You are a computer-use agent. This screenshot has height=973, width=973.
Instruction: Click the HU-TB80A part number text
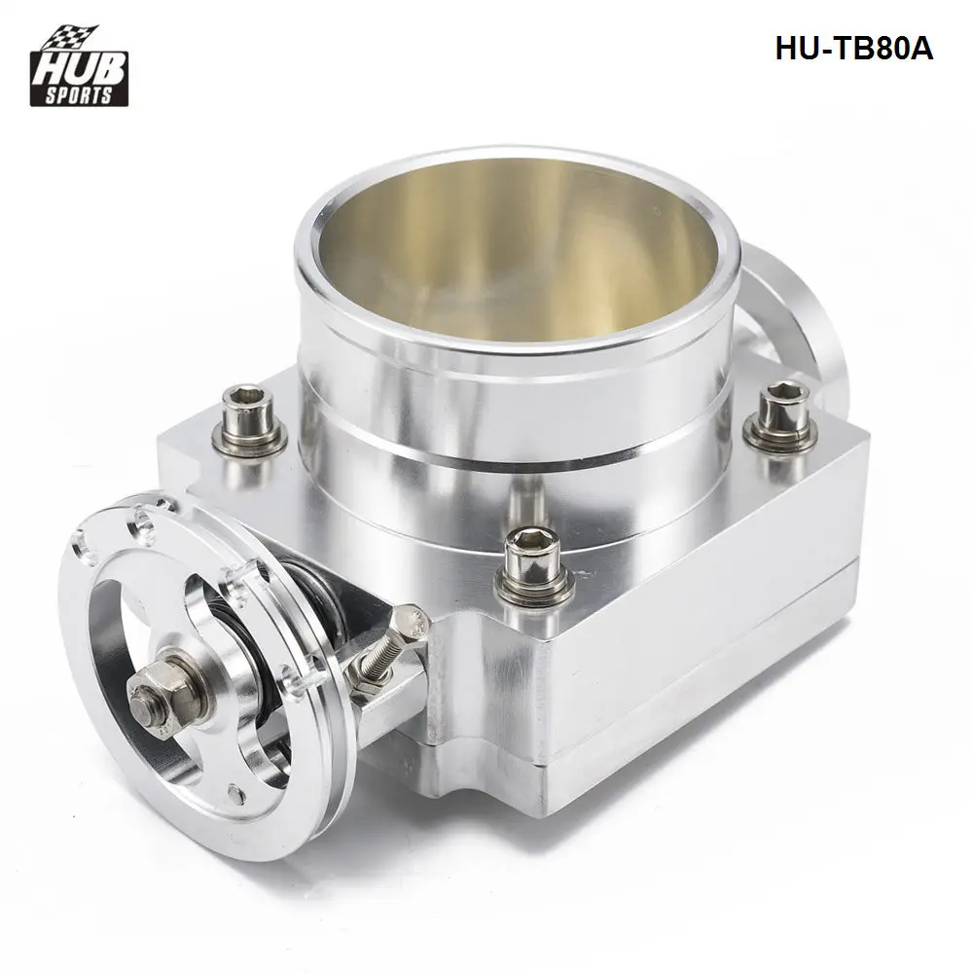[x=853, y=50]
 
